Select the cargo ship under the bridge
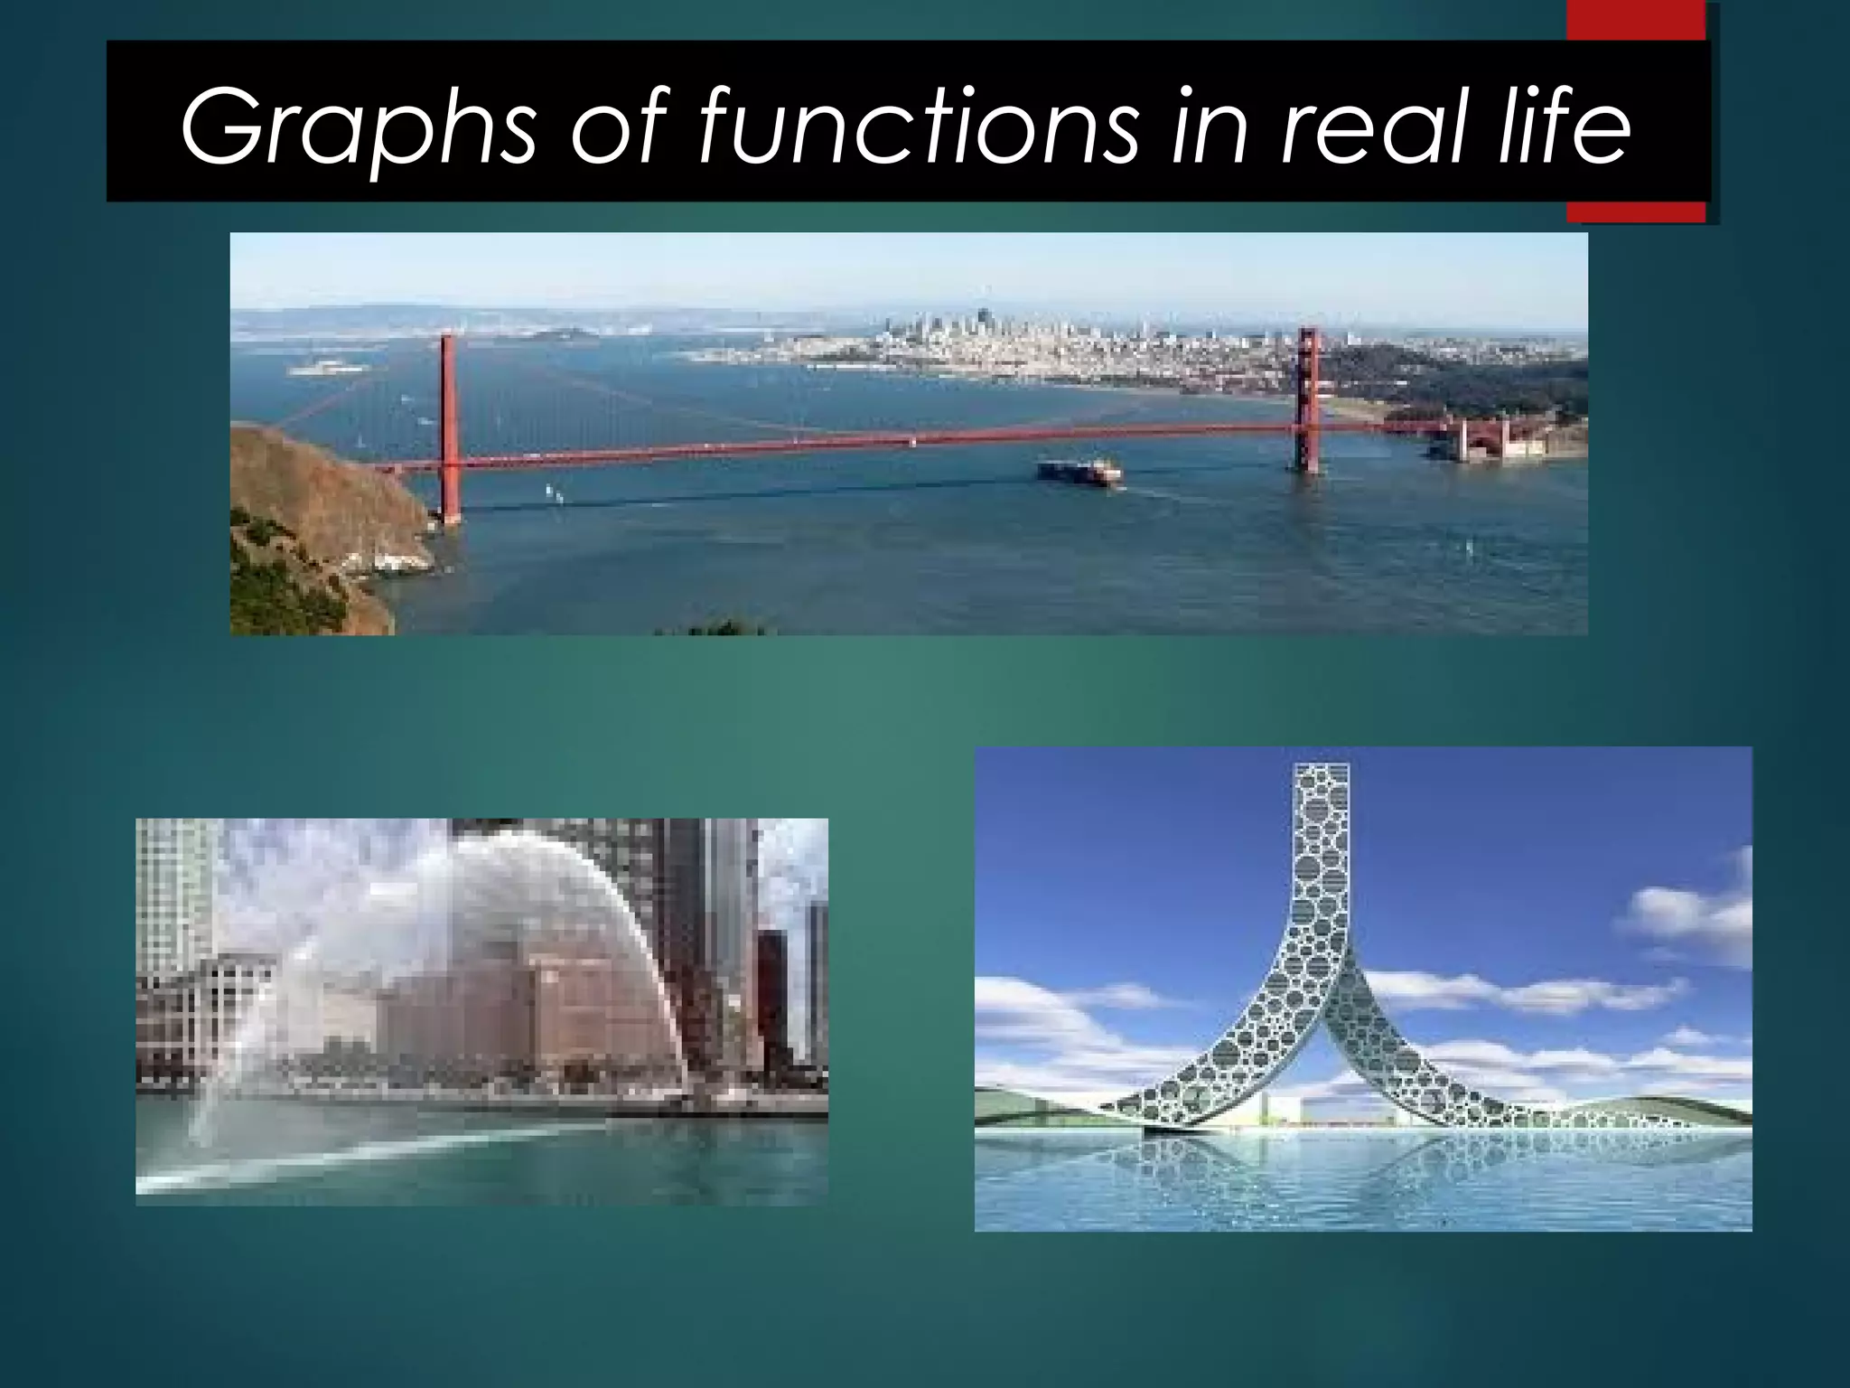click(1080, 470)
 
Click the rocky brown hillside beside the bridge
click(316, 506)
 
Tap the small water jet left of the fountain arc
click(217, 1084)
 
